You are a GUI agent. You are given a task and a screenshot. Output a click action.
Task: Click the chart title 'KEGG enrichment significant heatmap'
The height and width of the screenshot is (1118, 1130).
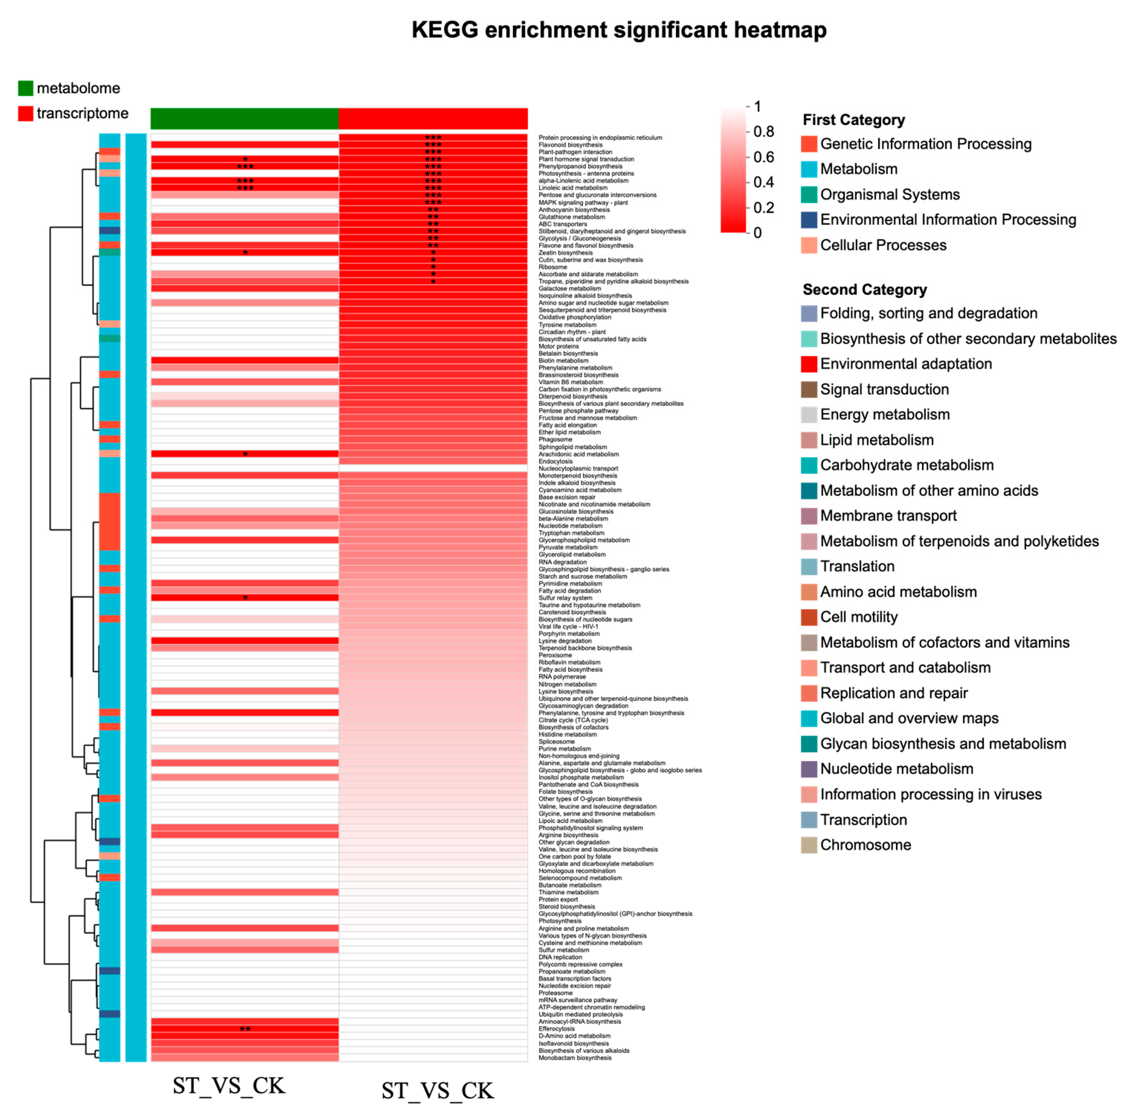(x=619, y=30)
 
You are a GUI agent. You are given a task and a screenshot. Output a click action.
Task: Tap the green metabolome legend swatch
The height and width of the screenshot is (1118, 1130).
(x=25, y=88)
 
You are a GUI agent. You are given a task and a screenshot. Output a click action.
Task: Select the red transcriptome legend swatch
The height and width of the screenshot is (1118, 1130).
(x=25, y=113)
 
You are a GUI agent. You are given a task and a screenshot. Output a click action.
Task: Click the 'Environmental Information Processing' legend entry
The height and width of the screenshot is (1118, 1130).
(x=947, y=220)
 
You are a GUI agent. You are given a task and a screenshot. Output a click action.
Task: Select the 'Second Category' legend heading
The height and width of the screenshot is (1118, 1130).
(x=864, y=289)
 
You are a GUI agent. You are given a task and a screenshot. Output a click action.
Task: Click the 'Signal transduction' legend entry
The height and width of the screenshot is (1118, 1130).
(x=884, y=389)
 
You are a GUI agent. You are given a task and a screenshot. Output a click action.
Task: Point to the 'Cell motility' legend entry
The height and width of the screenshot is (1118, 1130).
(x=858, y=617)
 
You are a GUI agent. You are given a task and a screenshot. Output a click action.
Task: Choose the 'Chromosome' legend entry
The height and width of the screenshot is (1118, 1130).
(x=865, y=845)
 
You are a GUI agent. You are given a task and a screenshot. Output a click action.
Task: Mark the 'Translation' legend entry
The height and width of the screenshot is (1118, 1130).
(x=857, y=566)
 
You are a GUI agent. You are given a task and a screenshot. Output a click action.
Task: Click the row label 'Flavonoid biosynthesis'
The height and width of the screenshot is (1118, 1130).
(x=570, y=144)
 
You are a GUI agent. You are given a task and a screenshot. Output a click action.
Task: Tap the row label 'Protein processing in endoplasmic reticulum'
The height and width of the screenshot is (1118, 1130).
(x=600, y=138)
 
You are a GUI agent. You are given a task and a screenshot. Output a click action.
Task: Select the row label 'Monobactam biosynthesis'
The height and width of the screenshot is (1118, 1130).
(x=575, y=1058)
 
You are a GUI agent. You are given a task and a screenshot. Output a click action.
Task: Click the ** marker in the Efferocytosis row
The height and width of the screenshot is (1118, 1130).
(x=245, y=1029)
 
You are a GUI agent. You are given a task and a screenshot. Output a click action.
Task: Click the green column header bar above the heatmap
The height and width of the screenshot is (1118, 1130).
(x=245, y=118)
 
